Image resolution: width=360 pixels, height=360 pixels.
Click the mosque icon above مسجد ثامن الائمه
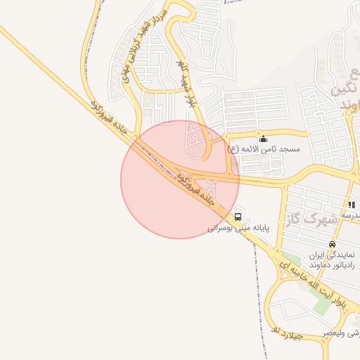click(264, 138)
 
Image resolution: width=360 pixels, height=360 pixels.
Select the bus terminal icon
click(238, 216)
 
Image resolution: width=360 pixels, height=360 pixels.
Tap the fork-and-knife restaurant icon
click(351, 204)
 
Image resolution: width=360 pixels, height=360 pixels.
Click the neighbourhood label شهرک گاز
click(313, 220)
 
